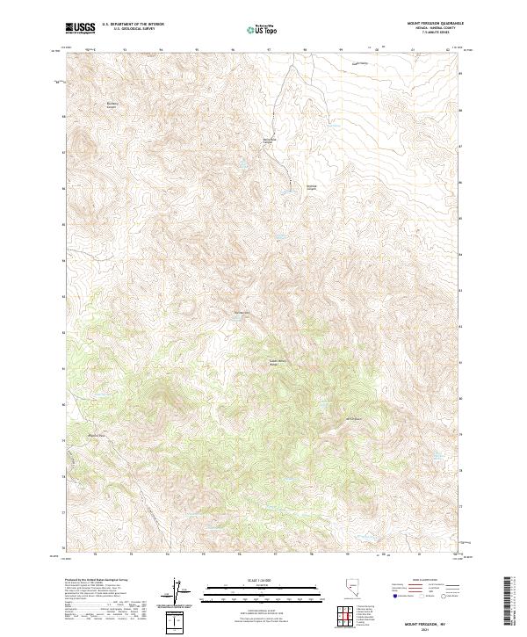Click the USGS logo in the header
80,28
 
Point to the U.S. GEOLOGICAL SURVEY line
128,29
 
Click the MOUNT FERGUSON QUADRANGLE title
436,24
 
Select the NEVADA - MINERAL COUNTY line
436,28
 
